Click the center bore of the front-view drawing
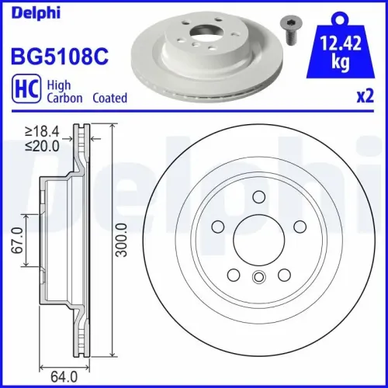(259, 239)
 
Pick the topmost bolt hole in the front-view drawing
(259, 197)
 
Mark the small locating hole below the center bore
(259, 277)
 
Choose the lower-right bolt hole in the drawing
(285, 274)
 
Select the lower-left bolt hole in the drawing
(234, 274)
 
